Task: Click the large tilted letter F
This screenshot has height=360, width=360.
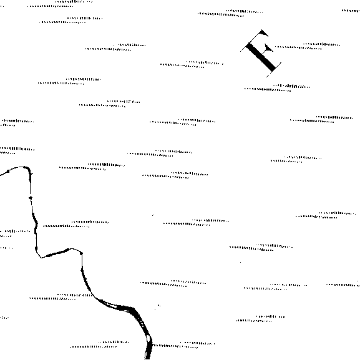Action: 261,53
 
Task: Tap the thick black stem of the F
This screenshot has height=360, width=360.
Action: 261,57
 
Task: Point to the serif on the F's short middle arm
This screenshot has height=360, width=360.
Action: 268,48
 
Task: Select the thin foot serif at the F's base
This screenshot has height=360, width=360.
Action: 274,70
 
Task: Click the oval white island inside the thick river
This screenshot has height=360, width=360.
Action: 148,338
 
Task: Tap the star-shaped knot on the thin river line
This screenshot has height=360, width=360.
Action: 31,198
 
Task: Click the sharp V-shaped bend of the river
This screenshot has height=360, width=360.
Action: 41,257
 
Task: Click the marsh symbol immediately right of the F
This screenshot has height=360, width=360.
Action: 308,46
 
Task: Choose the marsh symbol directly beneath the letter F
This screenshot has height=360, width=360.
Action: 278,88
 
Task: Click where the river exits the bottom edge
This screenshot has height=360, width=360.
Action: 147,359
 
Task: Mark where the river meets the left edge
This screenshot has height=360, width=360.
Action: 1,175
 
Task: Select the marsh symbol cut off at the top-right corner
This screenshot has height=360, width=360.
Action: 351,11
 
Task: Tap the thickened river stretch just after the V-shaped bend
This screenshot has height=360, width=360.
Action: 57,253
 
